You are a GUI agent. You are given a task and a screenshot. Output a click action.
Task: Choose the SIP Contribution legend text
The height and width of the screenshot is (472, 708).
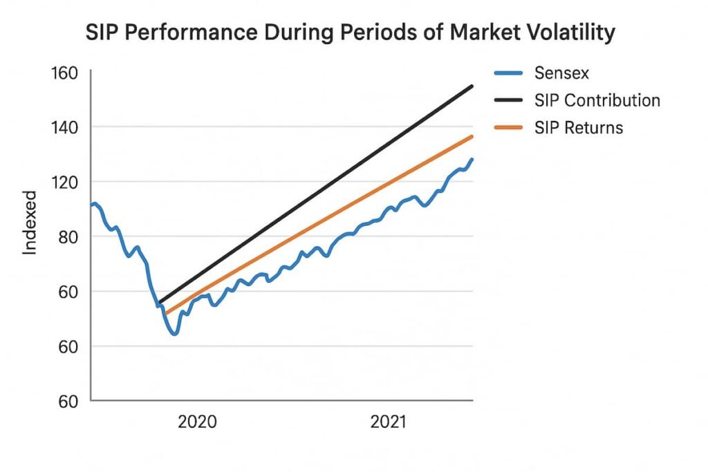[x=597, y=100]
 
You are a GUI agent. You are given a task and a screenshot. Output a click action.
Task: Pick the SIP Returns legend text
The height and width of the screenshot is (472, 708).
[x=578, y=128]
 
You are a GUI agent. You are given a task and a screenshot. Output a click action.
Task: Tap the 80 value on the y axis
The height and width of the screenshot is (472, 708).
[x=67, y=236]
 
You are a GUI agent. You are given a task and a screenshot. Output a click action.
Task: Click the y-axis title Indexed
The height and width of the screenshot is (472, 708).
[x=30, y=229]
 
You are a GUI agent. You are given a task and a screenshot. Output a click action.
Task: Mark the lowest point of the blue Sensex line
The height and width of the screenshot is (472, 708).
[x=175, y=334]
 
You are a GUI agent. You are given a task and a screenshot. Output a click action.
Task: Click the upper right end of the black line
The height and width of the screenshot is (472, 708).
[x=472, y=86]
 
